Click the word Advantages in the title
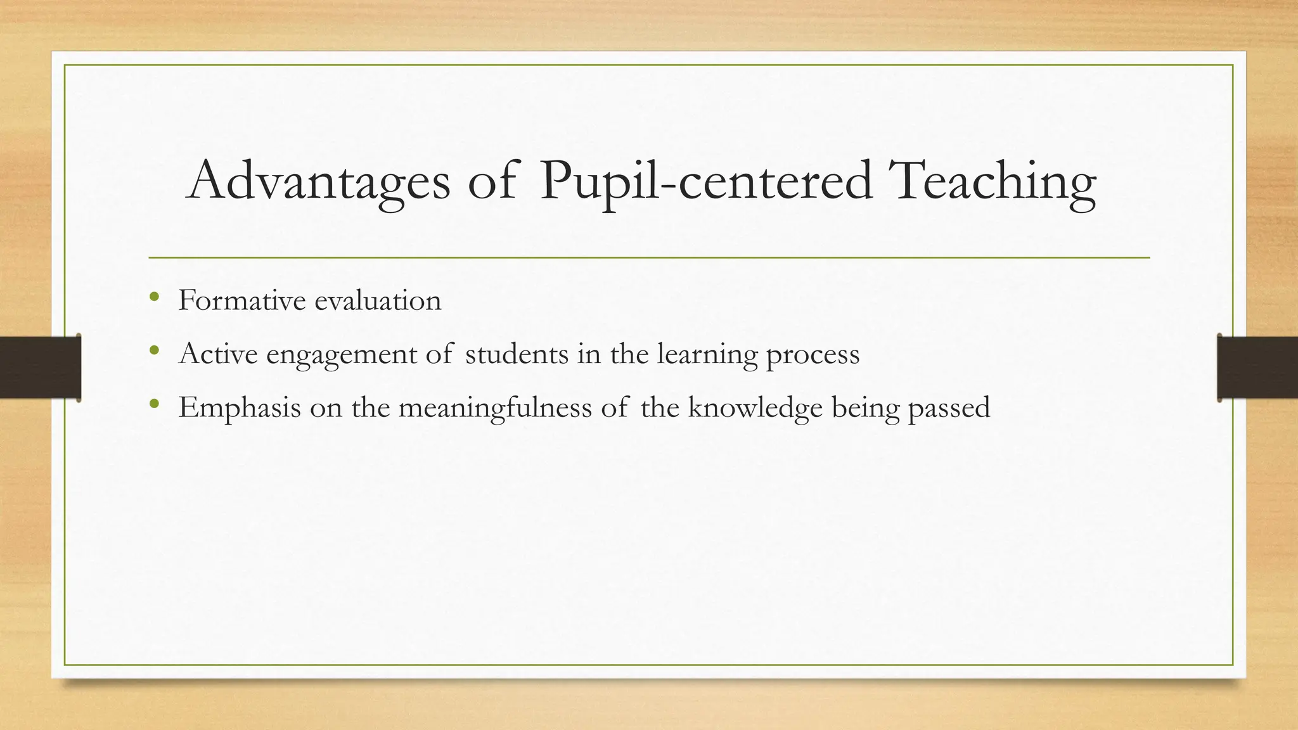[318, 181]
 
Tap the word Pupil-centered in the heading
[705, 182]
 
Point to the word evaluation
[378, 300]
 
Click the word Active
[219, 354]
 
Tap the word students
[517, 354]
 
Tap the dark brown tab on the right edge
[1257, 368]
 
